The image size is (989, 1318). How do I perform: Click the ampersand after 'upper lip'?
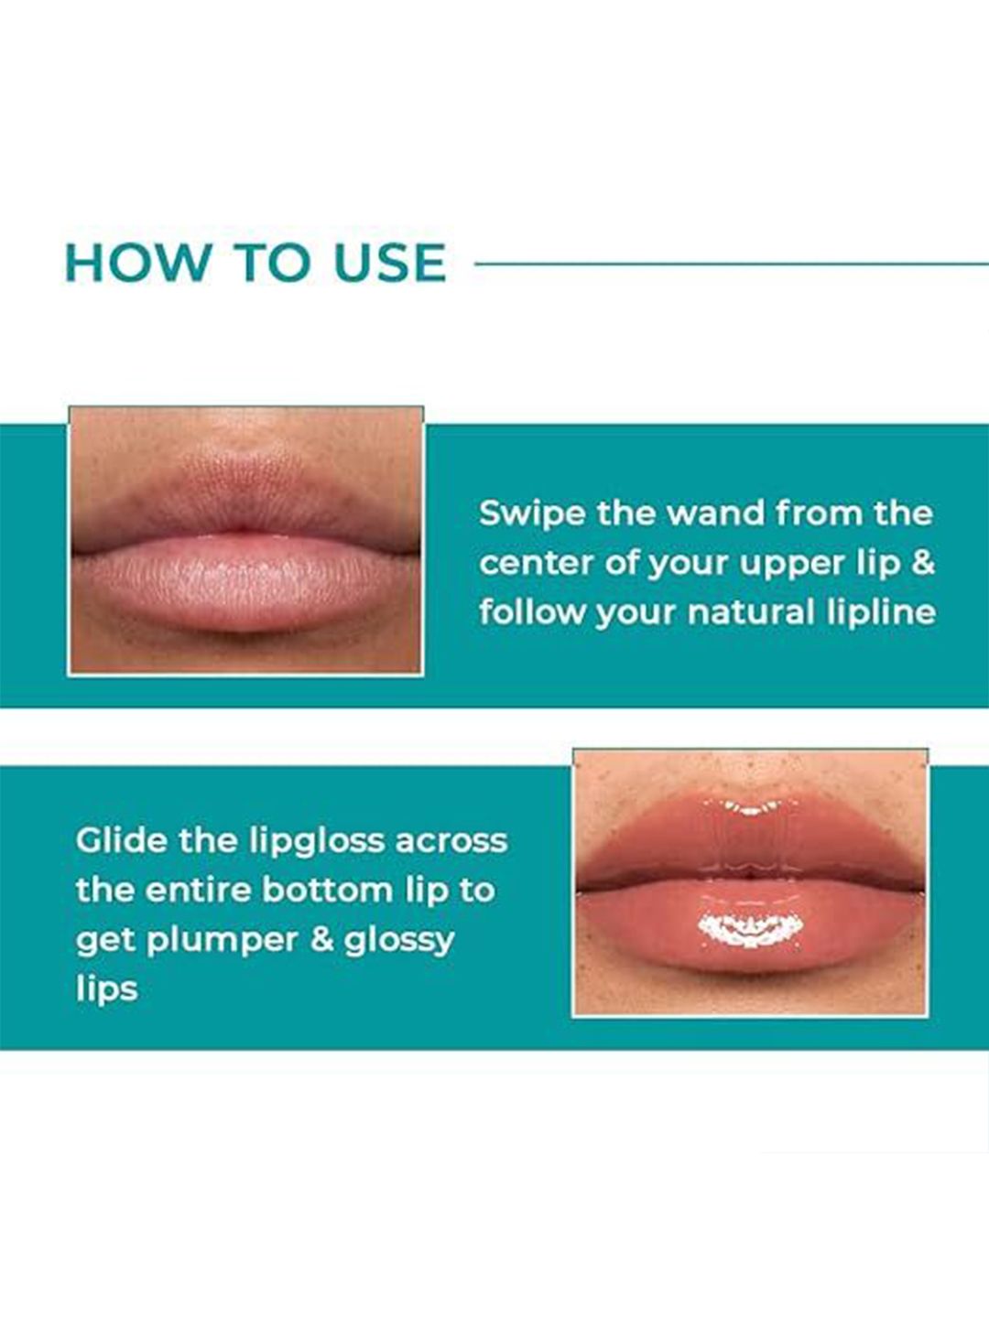924,563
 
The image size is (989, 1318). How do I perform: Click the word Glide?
122,840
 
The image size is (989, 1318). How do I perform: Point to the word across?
451,842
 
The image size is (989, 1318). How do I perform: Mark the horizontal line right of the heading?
732,263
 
